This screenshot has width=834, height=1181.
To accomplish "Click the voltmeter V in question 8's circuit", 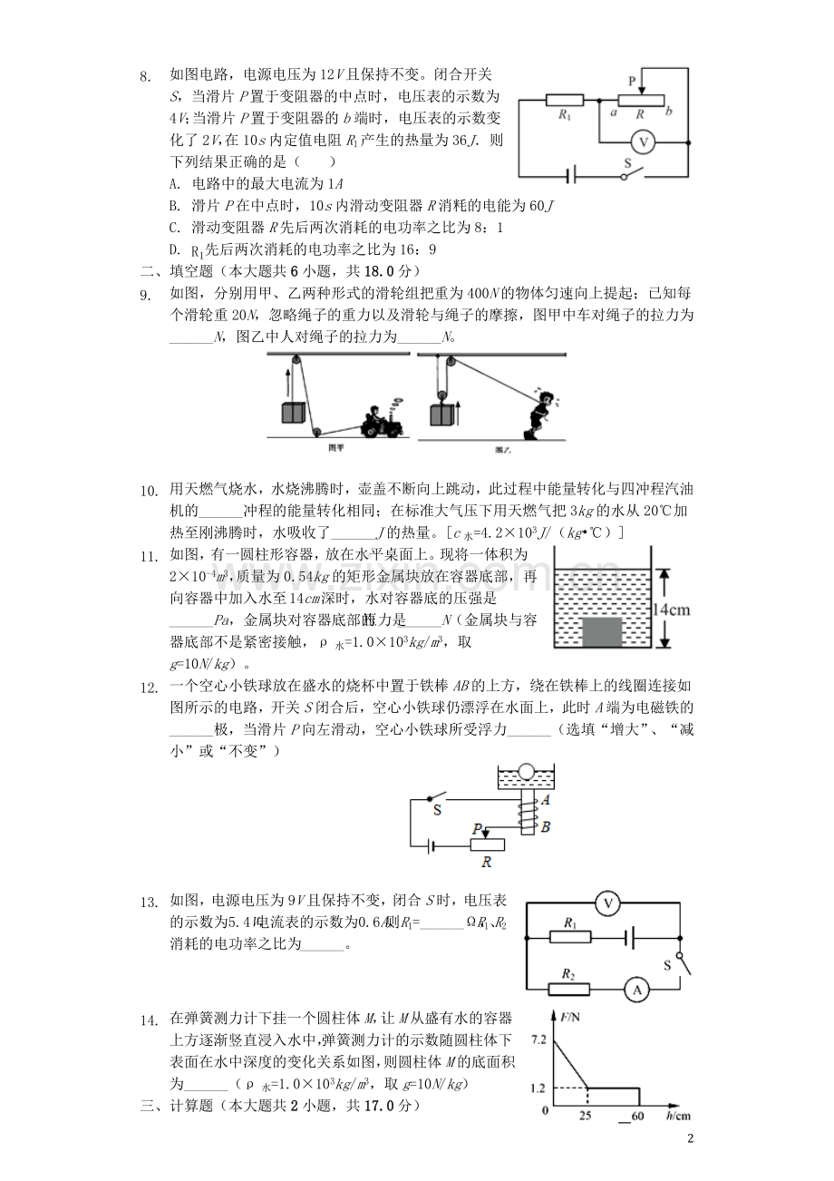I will [x=644, y=142].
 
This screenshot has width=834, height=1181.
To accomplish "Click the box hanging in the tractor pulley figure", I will [x=292, y=411].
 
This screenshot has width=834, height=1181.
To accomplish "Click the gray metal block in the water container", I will [x=606, y=630].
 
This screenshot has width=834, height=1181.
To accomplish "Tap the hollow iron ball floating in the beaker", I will [x=526, y=773].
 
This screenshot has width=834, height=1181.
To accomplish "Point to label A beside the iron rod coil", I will [x=545, y=801].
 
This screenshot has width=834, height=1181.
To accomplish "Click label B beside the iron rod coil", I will [x=545, y=826].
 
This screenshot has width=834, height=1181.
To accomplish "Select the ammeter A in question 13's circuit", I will [x=636, y=991].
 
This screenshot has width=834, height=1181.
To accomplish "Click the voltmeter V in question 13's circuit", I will [x=610, y=903].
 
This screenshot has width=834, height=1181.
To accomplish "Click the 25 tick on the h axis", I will [x=586, y=1115].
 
